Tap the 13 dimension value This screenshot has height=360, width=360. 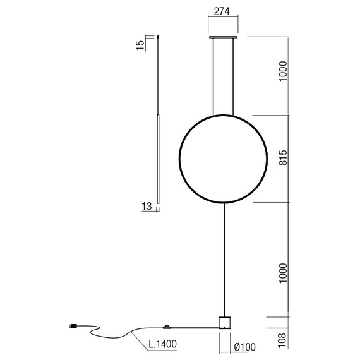click(x=146, y=206)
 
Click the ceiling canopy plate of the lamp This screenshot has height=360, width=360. click(x=224, y=38)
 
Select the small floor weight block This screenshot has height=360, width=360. click(x=224, y=323)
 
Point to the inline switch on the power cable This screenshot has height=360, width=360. click(x=166, y=327)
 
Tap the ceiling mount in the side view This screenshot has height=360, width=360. click(x=158, y=38)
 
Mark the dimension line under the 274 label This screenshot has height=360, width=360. click(x=224, y=20)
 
